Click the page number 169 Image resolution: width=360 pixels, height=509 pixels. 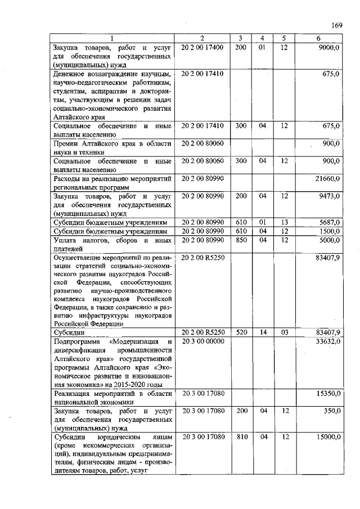tap(337, 25)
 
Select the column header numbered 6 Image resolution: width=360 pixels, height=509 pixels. tap(319, 38)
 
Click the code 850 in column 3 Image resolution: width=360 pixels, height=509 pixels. tap(241, 240)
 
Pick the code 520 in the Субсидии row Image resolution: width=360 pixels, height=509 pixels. tap(241, 332)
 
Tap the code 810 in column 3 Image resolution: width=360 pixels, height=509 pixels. tap(241, 436)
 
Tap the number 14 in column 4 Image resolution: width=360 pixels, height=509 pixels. tap(262, 332)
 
